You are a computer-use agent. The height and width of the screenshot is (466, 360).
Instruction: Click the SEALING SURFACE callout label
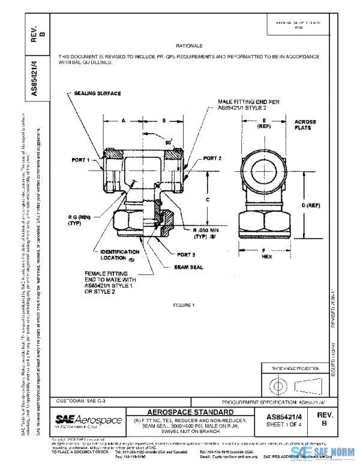pos(98,94)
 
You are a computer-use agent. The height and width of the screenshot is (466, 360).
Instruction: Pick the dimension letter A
pos(123,121)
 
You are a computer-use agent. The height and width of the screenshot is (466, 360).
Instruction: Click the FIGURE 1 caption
pos(184,306)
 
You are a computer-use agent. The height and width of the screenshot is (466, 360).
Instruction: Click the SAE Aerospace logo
pos(88,420)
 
